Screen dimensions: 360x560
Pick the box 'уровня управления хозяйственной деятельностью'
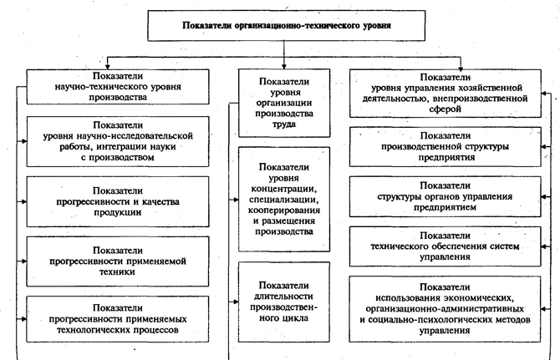coord(451,91)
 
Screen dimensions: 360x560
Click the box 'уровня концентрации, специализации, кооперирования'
coord(285,200)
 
